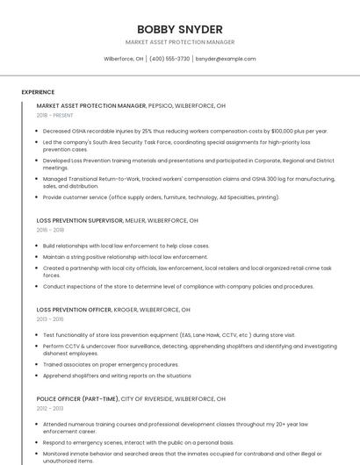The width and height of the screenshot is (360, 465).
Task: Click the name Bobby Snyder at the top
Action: pos(179,29)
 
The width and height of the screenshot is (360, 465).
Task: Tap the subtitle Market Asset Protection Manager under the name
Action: pos(179,42)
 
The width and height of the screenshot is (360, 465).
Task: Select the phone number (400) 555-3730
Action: pos(169,59)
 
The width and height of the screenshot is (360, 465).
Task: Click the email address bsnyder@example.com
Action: pos(226,59)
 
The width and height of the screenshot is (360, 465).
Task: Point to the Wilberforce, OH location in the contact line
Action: pos(124,59)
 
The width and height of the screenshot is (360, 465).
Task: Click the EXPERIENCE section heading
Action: pos(38,92)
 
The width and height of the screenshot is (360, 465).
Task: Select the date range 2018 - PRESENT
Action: pos(55,115)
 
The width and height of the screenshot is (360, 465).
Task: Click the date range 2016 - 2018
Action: pos(51,230)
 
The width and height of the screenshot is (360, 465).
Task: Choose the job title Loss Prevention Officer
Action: pos(74,310)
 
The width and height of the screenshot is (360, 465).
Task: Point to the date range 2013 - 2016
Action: pos(51,319)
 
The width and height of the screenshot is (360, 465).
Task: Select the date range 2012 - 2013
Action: pos(50,408)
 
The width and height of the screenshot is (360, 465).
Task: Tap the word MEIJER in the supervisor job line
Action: pos(135,220)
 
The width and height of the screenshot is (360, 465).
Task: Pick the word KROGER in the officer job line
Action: pos(126,310)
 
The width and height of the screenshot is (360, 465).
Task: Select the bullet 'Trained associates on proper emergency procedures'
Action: pos(110,364)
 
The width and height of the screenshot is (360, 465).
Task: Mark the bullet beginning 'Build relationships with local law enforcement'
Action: pos(126,246)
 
